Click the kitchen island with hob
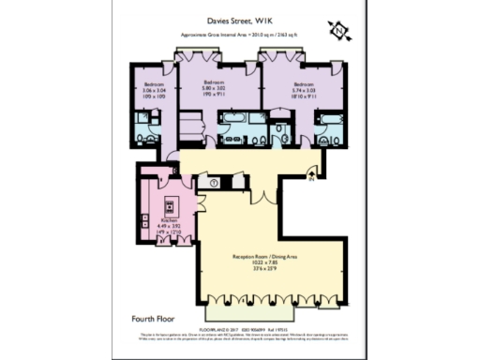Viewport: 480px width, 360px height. click(x=172, y=206)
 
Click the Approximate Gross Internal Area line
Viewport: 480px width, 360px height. click(x=241, y=36)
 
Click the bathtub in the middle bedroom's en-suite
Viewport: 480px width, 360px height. click(x=232, y=119)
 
